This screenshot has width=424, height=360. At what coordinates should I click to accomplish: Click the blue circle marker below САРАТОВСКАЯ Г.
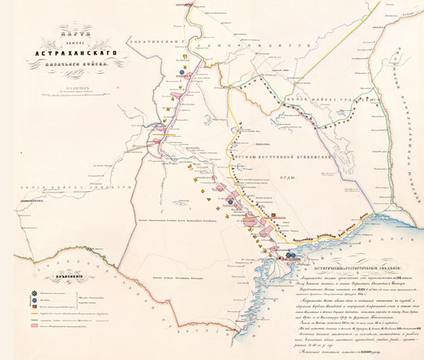point(181,69)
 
